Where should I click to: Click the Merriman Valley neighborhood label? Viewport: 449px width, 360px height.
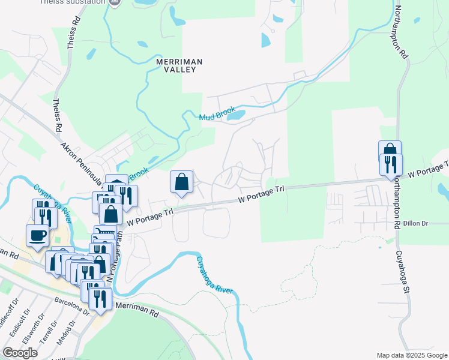tap(179, 65)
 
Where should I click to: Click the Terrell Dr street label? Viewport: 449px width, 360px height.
tap(48, 328)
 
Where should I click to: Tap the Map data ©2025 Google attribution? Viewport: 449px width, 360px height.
tap(412, 355)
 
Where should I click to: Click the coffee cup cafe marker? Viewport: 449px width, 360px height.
tap(37, 235)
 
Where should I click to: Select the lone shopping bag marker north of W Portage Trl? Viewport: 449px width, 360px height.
tap(181, 182)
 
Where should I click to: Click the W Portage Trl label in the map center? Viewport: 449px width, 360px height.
tap(261, 193)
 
